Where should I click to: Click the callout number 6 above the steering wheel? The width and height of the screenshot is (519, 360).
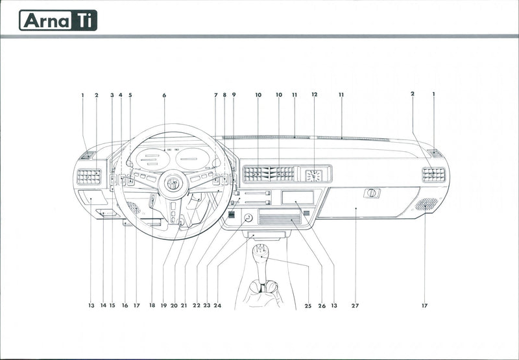pos(164,95)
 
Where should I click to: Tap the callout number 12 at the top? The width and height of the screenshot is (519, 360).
pos(315,95)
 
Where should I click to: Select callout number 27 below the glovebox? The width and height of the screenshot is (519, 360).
pos(355,305)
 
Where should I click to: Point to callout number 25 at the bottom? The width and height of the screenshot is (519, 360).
pos(308,305)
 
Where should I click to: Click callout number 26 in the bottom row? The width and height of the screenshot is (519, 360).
pos(322,305)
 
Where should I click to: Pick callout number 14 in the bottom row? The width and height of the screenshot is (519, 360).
pos(103,305)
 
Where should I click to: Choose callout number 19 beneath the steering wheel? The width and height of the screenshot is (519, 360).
pos(163,305)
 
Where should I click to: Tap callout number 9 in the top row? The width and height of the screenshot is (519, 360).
pos(234,95)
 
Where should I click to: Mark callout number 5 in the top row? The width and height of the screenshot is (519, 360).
pos(130,95)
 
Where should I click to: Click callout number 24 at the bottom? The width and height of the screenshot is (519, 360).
pos(217,305)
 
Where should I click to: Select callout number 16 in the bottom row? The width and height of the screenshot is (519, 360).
pos(125,305)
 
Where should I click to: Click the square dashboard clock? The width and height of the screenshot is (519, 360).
pos(314,174)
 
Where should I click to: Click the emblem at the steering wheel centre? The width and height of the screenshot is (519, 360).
pos(173,184)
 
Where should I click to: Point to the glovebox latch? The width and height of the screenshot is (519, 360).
pos(372,193)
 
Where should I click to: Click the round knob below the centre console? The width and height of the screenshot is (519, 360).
pos(248,218)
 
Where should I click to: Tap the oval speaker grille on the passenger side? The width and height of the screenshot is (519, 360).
pos(426,204)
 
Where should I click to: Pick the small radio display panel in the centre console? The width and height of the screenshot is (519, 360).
pos(297,197)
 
